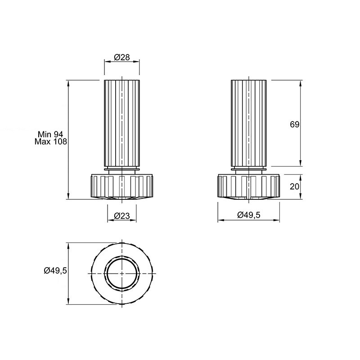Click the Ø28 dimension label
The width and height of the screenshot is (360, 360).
pyautogui.click(x=122, y=57)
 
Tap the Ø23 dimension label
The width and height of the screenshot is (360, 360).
pyautogui.click(x=122, y=216)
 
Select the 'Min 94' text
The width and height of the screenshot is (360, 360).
pyautogui.click(x=50, y=134)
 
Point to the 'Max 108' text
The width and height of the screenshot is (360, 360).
pyautogui.click(x=51, y=141)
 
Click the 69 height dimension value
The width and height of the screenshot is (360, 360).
pyautogui.click(x=295, y=125)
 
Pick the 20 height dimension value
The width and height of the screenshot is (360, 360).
pyautogui.click(x=295, y=186)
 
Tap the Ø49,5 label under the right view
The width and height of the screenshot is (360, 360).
pyautogui.click(x=249, y=215)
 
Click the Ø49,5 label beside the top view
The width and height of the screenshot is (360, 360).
pyautogui.click(x=55, y=271)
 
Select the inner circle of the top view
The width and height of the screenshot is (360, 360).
pyautogui.click(x=122, y=258)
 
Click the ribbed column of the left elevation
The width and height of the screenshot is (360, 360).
pyautogui.click(x=122, y=123)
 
